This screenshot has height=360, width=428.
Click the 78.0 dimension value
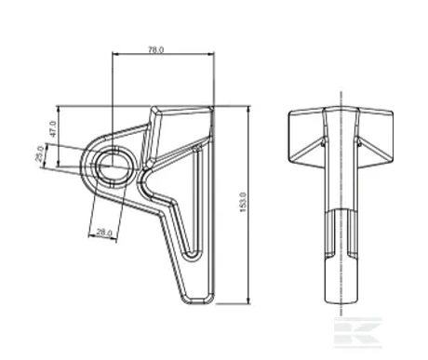[x=155, y=49]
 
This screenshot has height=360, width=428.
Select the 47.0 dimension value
[x=53, y=129]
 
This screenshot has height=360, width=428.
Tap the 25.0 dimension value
[x=39, y=153]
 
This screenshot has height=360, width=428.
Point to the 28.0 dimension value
[x=104, y=232]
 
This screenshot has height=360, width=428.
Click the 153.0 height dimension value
[x=243, y=202]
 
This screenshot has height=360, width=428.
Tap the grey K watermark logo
[x=357, y=332]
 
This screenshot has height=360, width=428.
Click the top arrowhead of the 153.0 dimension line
[x=248, y=109]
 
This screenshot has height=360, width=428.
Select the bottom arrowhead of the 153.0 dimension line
[x=248, y=300]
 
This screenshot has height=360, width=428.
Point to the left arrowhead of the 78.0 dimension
[x=115, y=54]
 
